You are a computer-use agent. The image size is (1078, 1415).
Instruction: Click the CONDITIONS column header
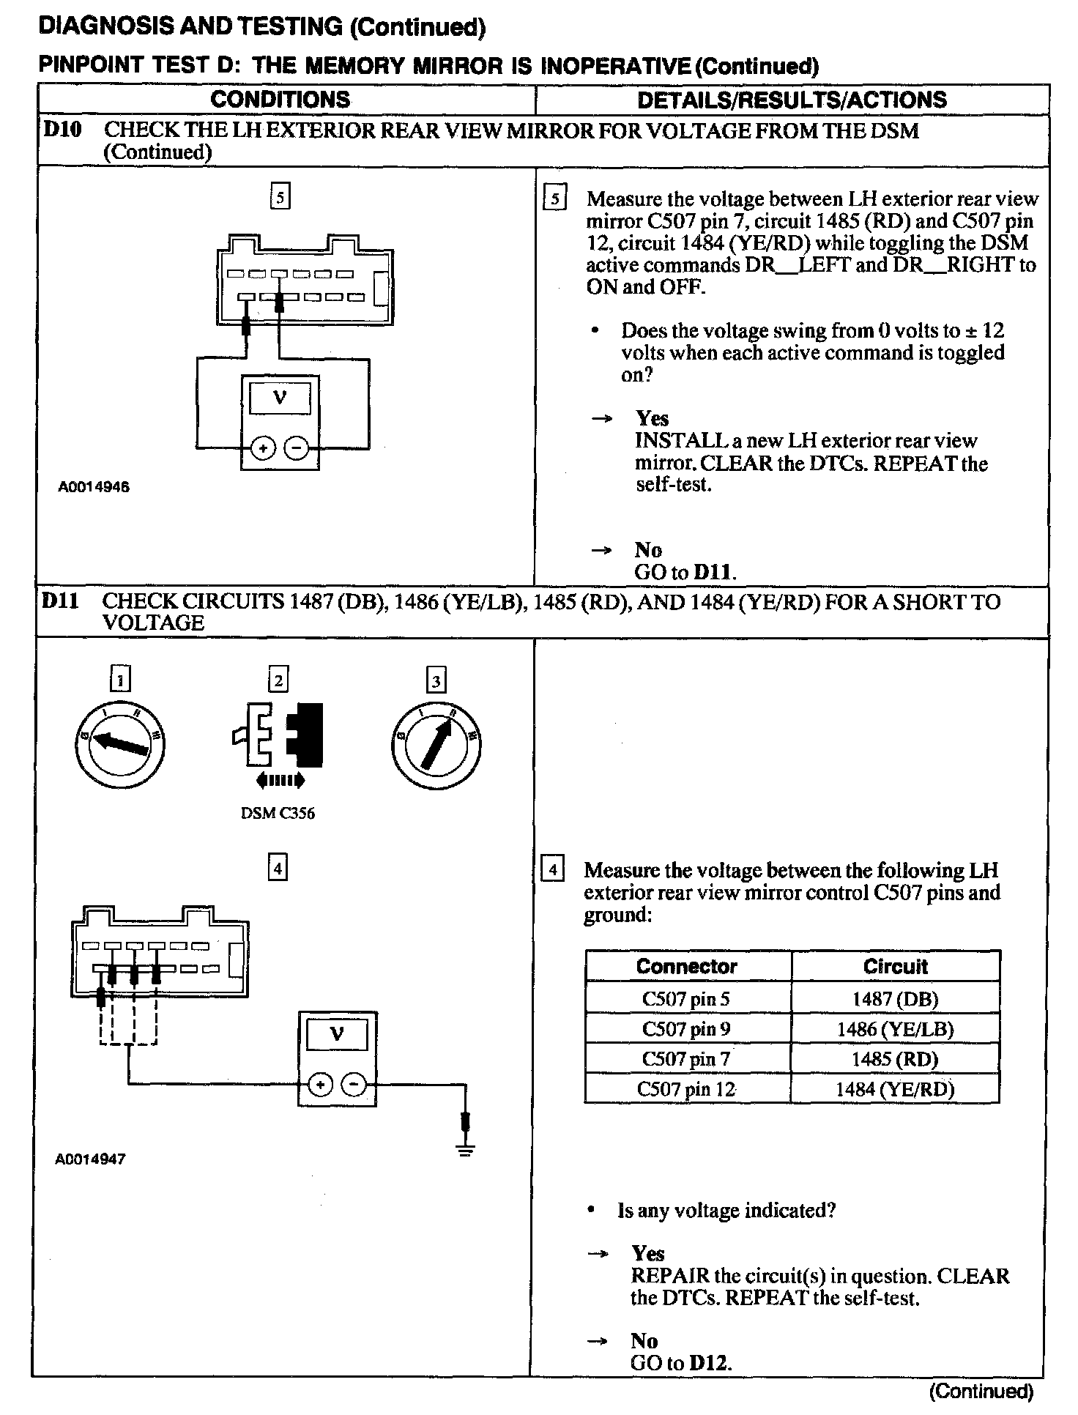(x=280, y=100)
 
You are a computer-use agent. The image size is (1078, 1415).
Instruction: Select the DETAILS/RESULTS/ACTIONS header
(x=792, y=100)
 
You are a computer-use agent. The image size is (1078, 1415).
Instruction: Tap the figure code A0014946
(x=94, y=486)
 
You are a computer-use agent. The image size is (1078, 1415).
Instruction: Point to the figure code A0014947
(x=90, y=1159)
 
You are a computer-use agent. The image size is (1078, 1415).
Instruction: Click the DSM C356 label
(x=278, y=813)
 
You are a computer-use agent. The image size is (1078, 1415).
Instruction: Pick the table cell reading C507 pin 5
(x=686, y=999)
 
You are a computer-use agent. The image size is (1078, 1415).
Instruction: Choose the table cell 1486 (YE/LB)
(x=895, y=1029)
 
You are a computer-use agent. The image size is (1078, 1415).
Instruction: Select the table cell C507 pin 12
(x=686, y=1089)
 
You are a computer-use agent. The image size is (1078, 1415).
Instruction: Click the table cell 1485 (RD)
(x=895, y=1059)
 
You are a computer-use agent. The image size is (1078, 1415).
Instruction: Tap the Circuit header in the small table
(x=895, y=966)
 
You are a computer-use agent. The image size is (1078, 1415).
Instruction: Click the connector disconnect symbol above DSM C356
(x=278, y=734)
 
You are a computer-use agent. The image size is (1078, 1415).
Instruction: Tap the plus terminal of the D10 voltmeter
(x=264, y=447)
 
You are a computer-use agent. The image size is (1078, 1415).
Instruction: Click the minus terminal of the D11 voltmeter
(x=355, y=1085)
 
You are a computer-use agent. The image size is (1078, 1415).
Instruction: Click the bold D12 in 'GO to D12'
(x=710, y=1362)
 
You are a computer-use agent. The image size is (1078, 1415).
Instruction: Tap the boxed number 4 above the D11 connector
(x=278, y=868)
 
